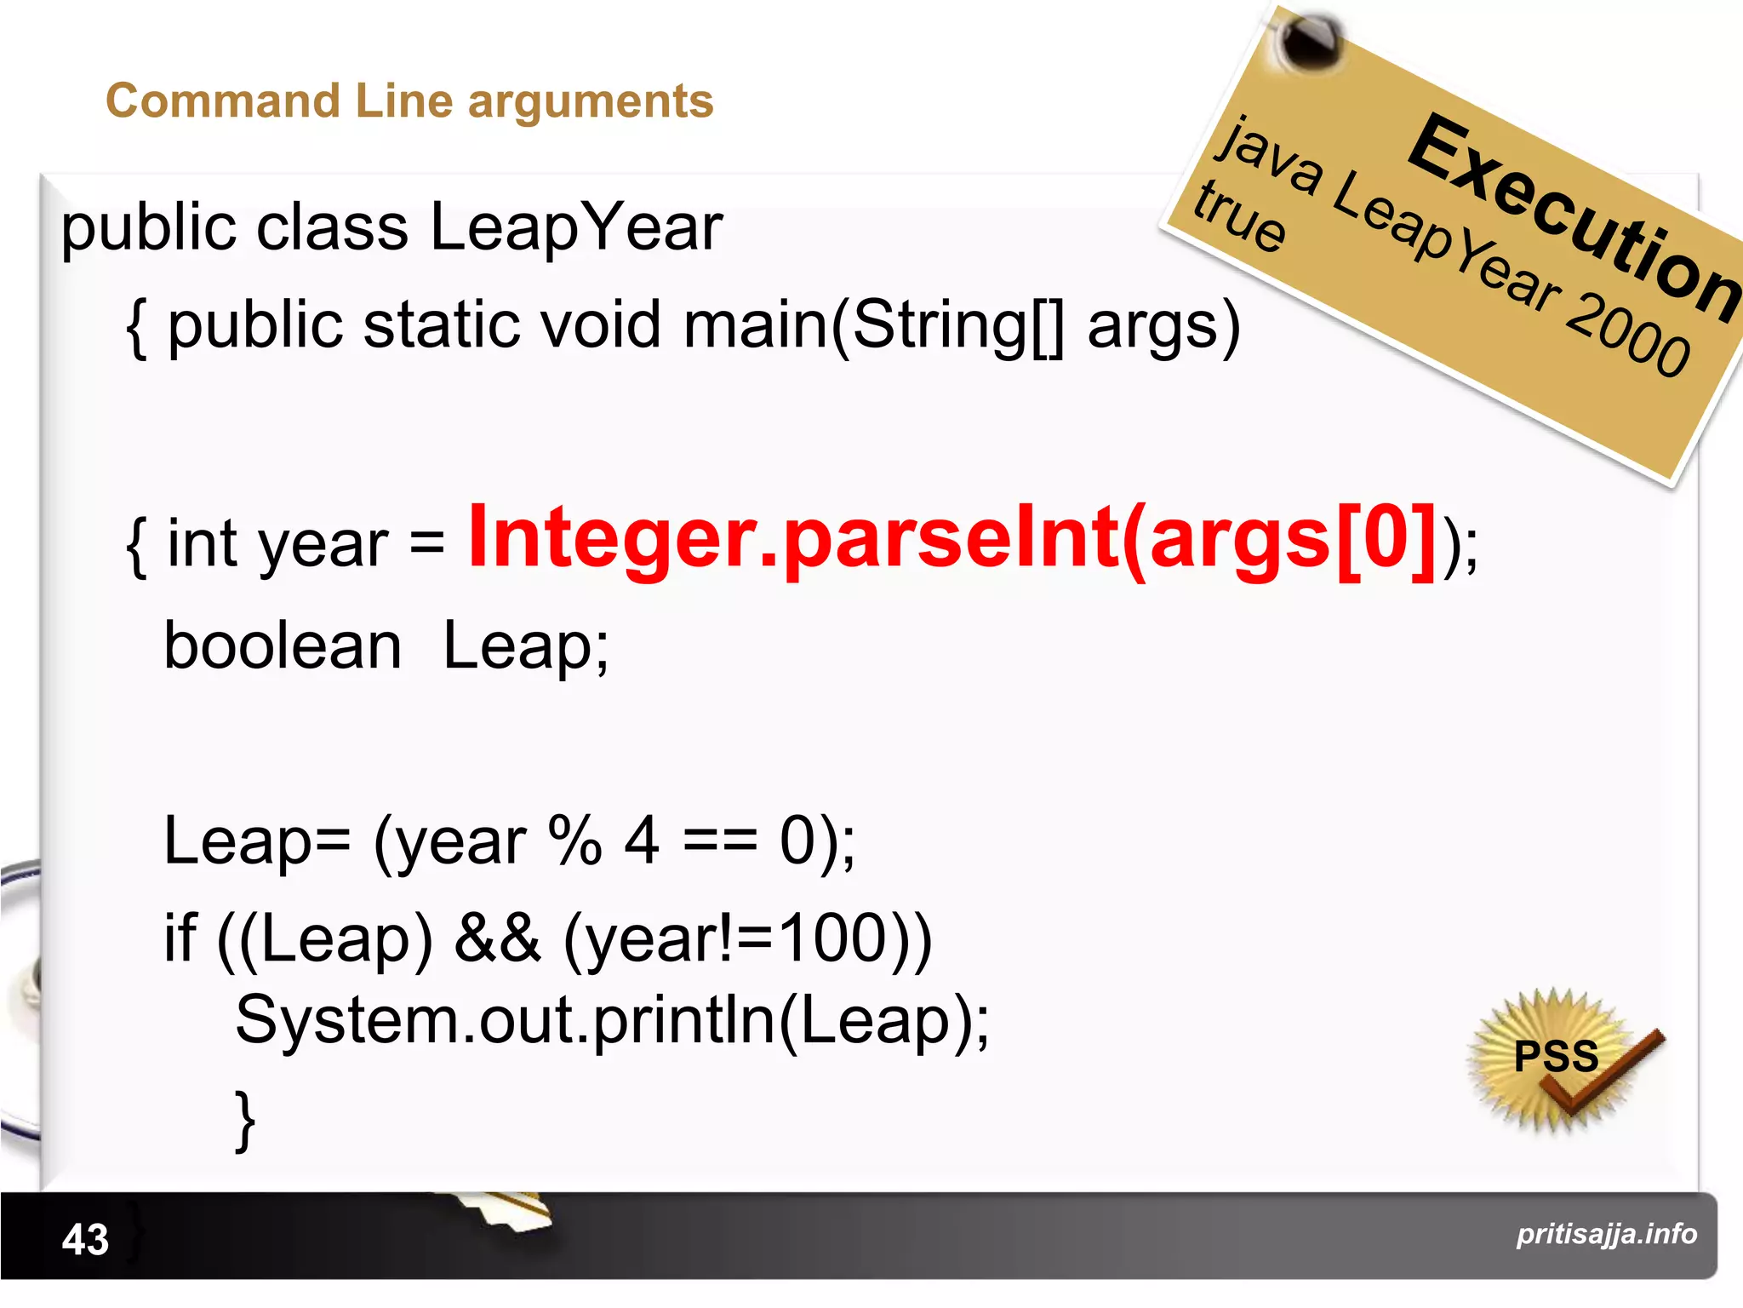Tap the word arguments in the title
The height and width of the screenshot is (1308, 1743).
click(590, 103)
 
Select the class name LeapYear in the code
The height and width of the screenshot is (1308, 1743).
click(576, 228)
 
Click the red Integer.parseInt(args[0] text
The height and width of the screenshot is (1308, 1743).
click(952, 538)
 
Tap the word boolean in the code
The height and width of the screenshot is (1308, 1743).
click(283, 646)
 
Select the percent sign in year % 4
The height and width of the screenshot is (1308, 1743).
click(575, 840)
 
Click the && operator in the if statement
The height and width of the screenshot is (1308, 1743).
click(497, 938)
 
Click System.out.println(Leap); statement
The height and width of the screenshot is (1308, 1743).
click(612, 1020)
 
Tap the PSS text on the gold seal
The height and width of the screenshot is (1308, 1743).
click(1556, 1056)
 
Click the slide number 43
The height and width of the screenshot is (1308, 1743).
click(85, 1239)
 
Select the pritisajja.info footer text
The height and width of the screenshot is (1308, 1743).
click(1606, 1234)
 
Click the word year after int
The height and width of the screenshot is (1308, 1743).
click(323, 547)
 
